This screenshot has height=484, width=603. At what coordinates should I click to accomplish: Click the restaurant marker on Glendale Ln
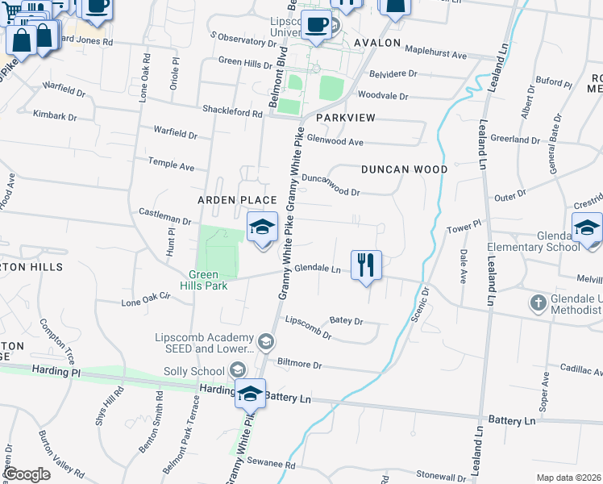coord(366,264)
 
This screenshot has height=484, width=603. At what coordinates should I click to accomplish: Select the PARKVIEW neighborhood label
coord(346,118)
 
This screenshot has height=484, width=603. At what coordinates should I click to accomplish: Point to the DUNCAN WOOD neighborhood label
coord(404,169)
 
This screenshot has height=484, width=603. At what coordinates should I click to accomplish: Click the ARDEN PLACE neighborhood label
coord(237,199)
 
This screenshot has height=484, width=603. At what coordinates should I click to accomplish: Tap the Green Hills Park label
coord(204,279)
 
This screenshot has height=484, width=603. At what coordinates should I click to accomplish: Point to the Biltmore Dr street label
coord(299,365)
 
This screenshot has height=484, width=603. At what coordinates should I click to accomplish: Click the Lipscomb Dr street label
coord(308,331)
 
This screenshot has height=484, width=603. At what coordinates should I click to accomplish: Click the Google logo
coord(27,474)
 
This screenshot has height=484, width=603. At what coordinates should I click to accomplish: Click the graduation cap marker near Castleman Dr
coord(263,228)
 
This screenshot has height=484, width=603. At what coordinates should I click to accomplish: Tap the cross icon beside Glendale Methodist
coord(539,303)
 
